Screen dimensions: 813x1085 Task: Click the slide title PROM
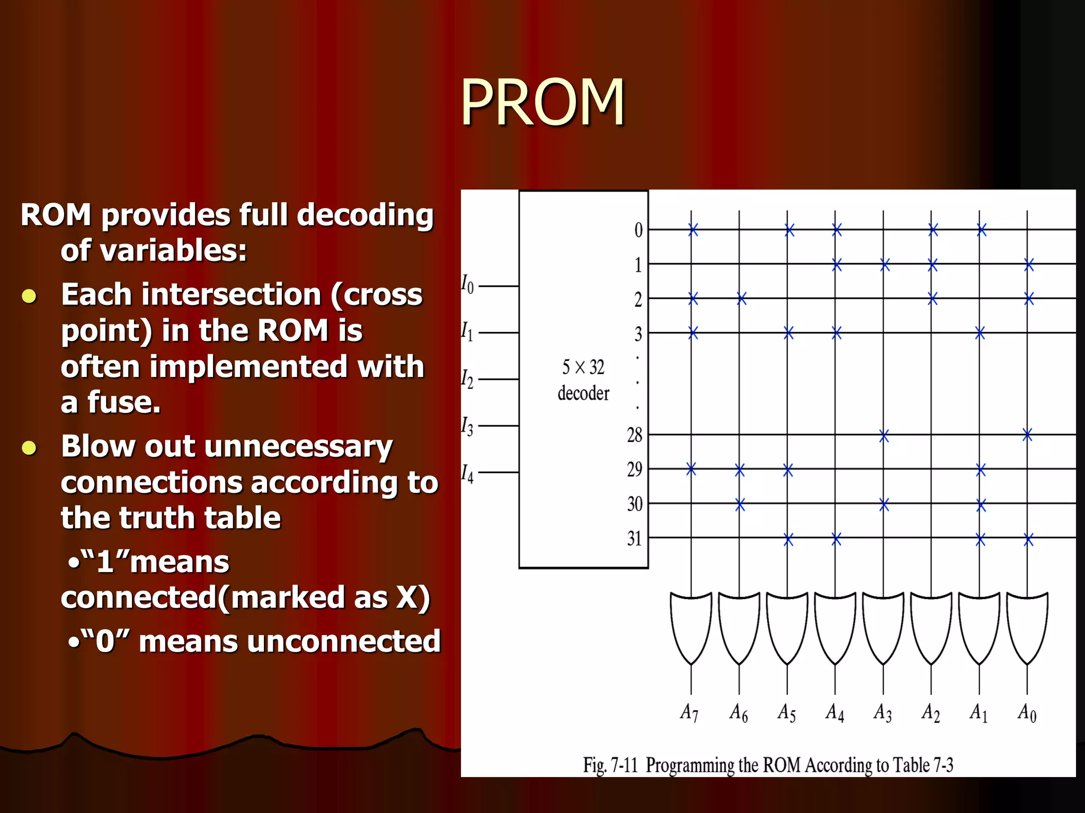pos(542,102)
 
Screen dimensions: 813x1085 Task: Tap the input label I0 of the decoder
pos(467,284)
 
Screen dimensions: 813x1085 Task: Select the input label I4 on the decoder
pos(467,473)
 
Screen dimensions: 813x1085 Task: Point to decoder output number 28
pos(634,435)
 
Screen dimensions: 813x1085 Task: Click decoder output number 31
pos(634,538)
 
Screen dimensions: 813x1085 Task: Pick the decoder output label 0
pos(638,230)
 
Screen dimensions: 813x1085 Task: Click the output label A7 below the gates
pos(689,713)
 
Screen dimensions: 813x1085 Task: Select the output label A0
pos(1027,713)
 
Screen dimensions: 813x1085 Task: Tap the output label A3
pos(883,713)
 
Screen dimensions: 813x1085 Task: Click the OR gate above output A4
pos(835,628)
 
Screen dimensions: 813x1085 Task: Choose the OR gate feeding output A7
pos(691,628)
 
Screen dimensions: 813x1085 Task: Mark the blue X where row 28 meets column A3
pos(884,436)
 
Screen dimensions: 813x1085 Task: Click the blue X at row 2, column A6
pos(742,299)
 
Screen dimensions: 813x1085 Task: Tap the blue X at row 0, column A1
pos(982,230)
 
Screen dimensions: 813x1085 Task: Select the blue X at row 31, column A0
pos(1028,540)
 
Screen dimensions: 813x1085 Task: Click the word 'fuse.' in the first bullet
pos(124,402)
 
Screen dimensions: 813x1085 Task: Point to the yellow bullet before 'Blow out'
pos(29,448)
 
